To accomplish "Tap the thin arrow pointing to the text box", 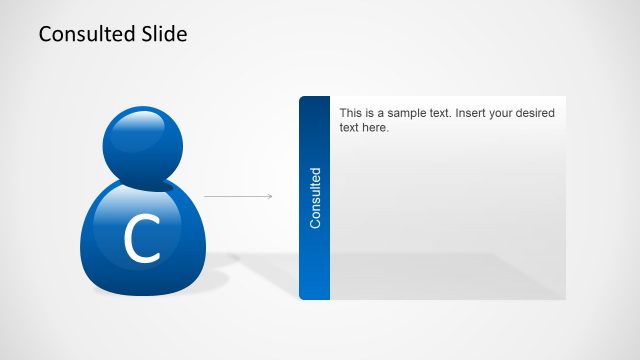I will (237, 196).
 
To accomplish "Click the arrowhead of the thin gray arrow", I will (269, 196).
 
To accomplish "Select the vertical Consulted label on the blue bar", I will (315, 198).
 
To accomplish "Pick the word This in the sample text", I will (352, 114).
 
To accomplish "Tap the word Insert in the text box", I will (473, 114).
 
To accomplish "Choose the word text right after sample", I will (442, 114).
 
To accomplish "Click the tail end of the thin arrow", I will (205, 196).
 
